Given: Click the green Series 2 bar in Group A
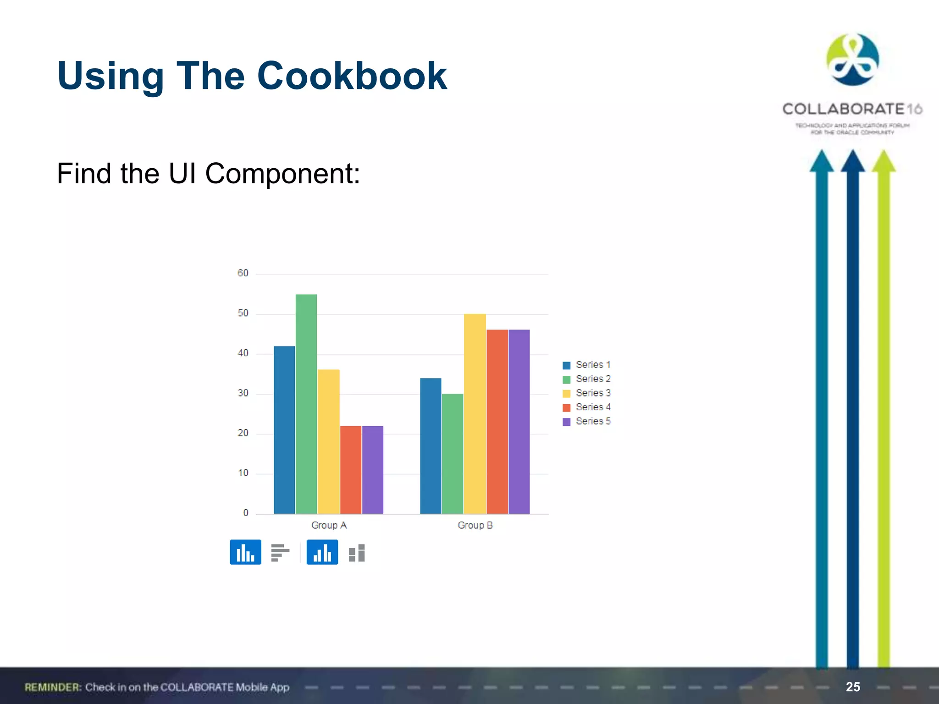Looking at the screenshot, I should click(306, 403).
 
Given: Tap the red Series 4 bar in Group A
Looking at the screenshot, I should click(351, 470).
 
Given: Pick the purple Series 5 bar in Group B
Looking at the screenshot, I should click(519, 422).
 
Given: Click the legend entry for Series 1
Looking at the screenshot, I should click(587, 365).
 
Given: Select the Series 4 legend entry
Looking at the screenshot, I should click(587, 407).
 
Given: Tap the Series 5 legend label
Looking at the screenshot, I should click(593, 421).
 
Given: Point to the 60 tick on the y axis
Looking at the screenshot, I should click(243, 273).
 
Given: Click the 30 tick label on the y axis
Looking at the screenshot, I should click(243, 393).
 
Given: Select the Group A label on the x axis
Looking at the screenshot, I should click(329, 525).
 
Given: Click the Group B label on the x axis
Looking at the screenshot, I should click(475, 525).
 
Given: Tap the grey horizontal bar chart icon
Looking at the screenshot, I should click(280, 552).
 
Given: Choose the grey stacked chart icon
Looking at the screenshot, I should click(357, 553).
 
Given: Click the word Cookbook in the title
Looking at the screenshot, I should click(352, 76).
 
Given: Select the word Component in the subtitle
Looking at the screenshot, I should click(282, 174).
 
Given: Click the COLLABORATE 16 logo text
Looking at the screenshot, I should click(852, 109).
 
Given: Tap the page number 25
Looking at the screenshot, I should click(853, 687).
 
